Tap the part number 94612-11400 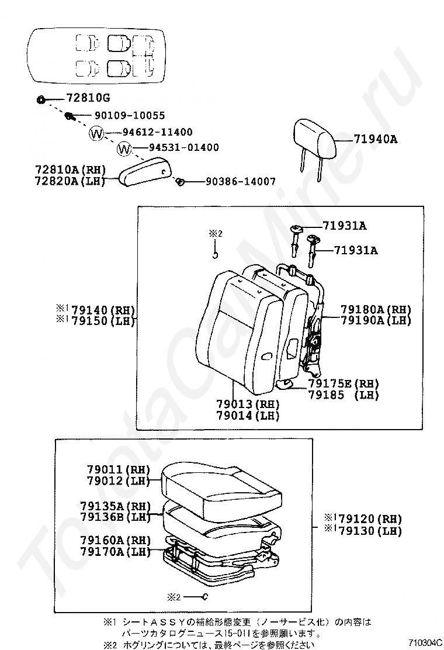[157, 133]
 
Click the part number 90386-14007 [240, 182]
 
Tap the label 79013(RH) [248, 404]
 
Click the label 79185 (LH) [344, 395]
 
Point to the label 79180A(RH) [376, 309]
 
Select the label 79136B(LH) [116, 516]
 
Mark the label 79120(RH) [370, 519]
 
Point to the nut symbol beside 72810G [41, 99]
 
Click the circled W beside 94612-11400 [96, 133]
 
